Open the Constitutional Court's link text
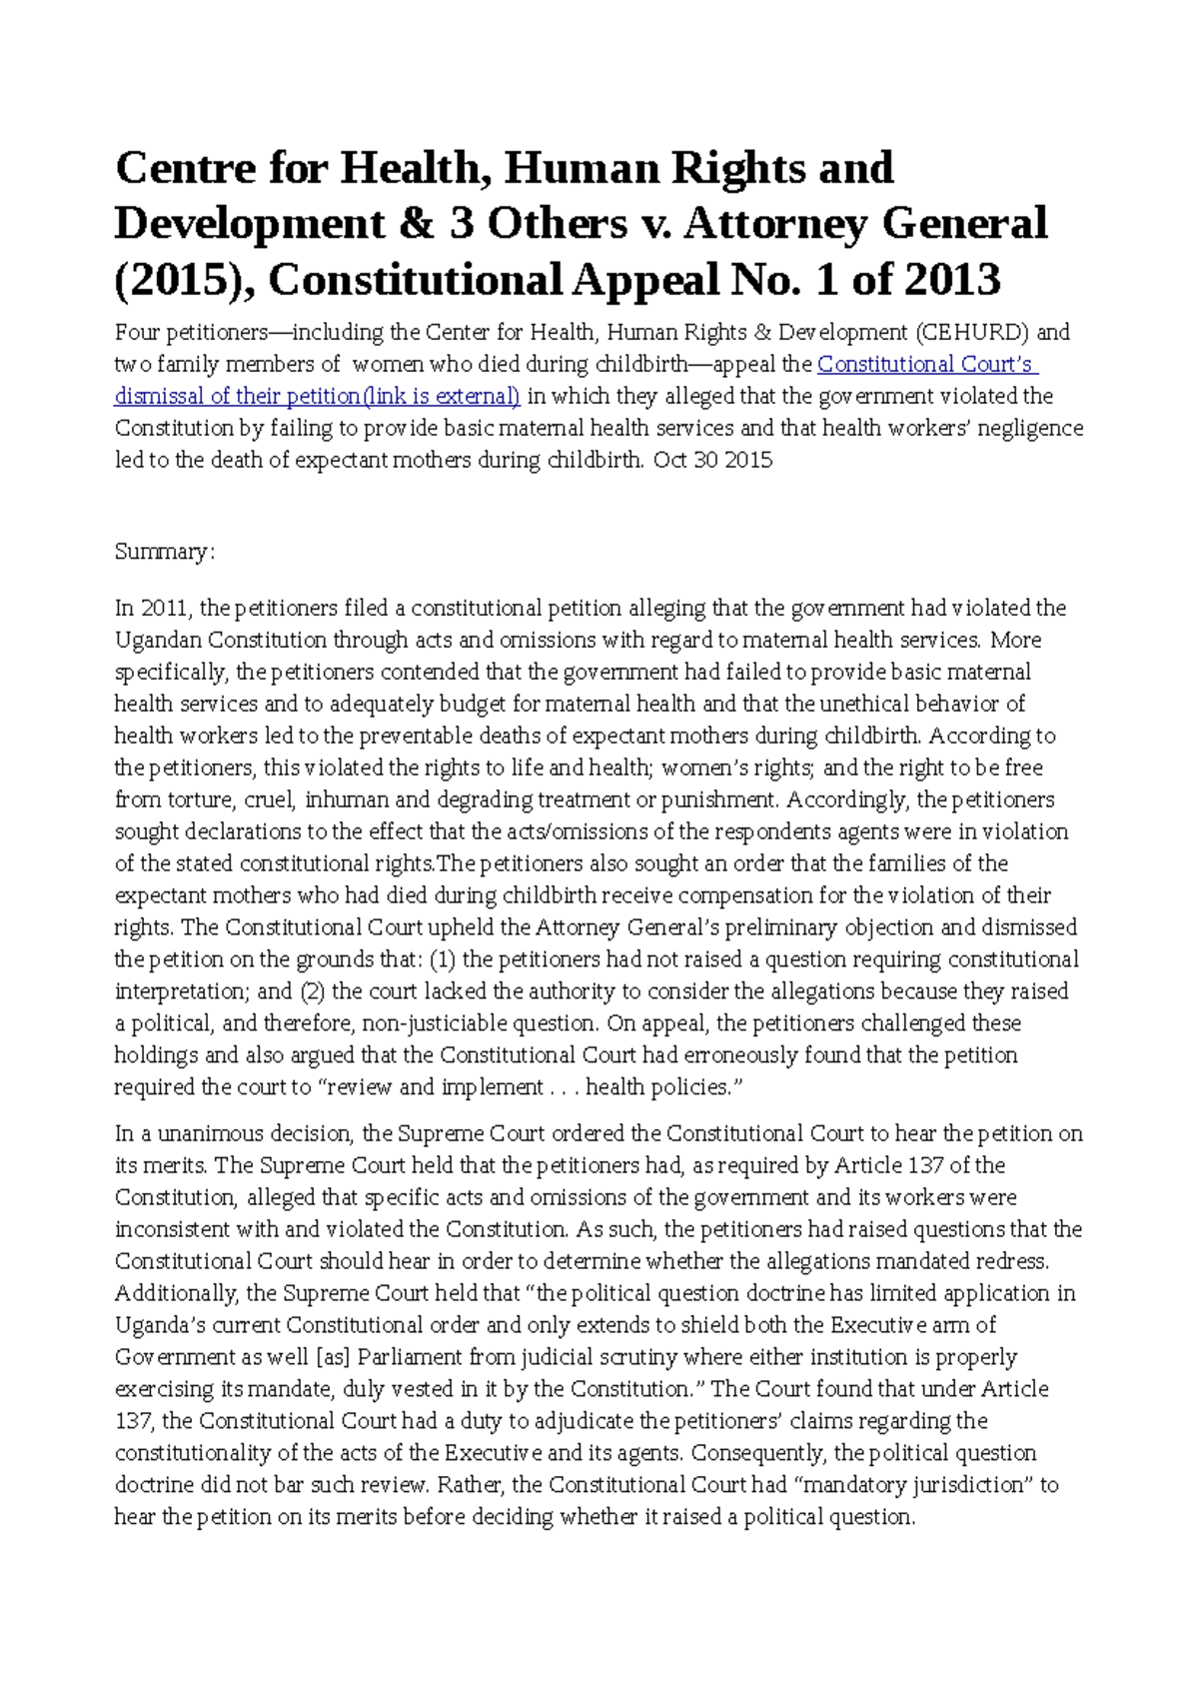tap(927, 365)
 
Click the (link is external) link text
tap(442, 397)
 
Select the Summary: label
tap(164, 553)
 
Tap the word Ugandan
tap(150, 641)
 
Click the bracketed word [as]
tap(333, 1358)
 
